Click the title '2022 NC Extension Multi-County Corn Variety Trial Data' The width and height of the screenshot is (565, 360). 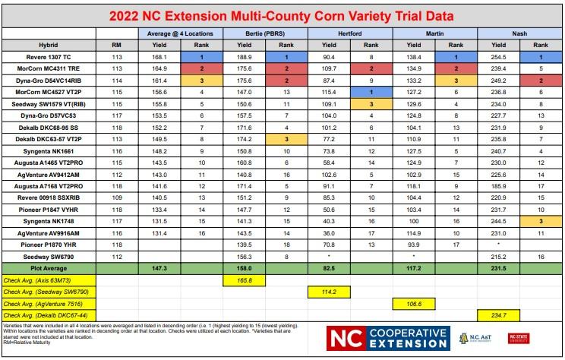[x=282, y=15]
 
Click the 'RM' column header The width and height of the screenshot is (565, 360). [x=116, y=46]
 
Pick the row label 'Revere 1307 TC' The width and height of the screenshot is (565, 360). [x=49, y=57]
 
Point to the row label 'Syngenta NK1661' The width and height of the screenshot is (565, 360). [x=49, y=151]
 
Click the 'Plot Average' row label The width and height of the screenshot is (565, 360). [x=49, y=269]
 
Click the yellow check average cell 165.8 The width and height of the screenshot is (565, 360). [x=245, y=281]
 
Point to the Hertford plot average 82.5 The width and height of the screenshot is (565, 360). [x=329, y=269]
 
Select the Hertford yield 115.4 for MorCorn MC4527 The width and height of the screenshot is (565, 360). [x=329, y=93]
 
